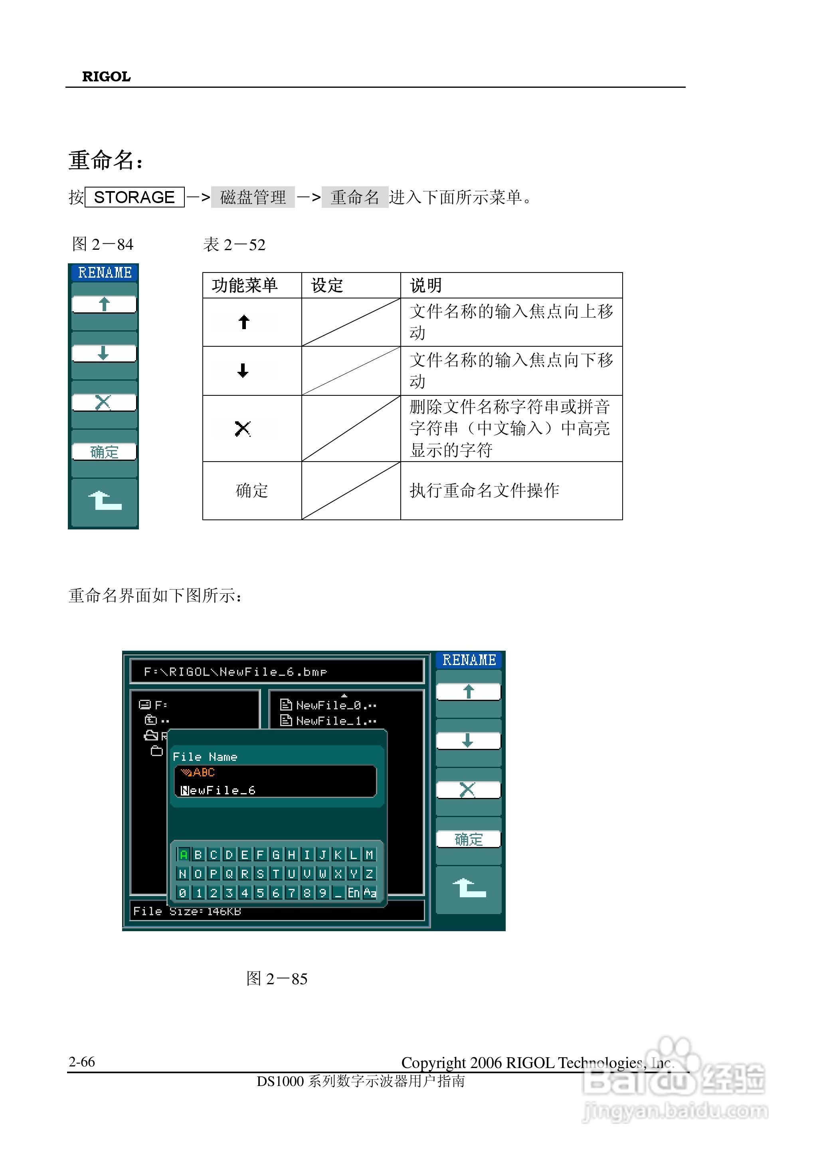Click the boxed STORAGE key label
[134, 197]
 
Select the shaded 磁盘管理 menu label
[253, 197]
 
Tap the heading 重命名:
[105, 160]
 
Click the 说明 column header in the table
[426, 285]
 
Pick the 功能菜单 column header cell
[245, 285]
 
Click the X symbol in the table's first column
[243, 428]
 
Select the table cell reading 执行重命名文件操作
[484, 490]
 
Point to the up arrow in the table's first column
[244, 322]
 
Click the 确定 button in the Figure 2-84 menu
[104, 452]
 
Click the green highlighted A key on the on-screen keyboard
[184, 855]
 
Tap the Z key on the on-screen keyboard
[369, 874]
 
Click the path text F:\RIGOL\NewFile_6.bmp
[235, 672]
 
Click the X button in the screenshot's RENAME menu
[468, 790]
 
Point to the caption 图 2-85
[277, 979]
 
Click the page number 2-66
[82, 1062]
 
